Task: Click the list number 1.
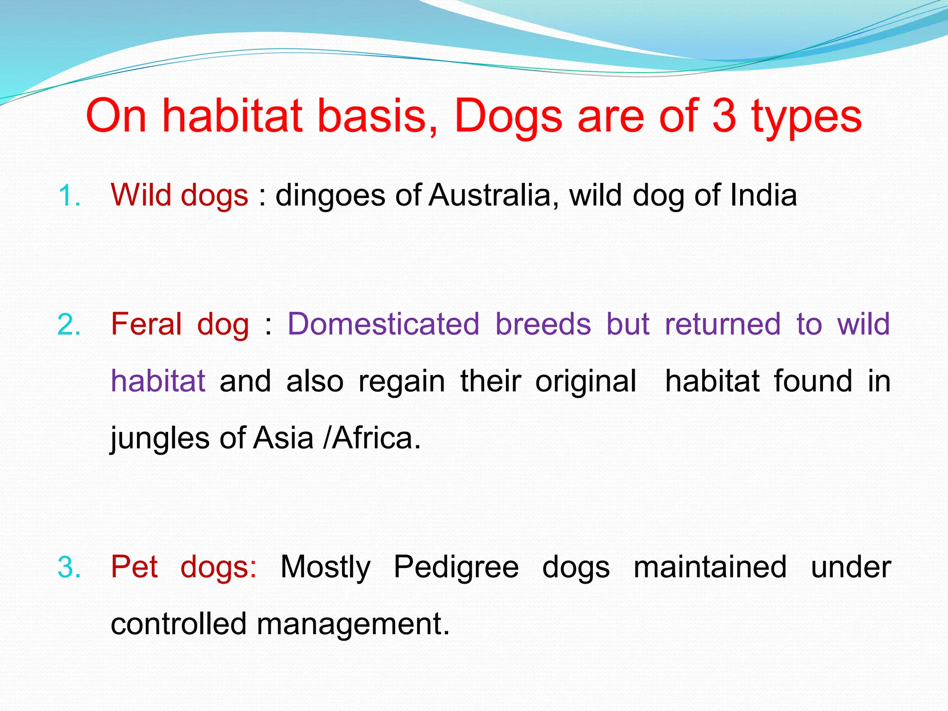tap(69, 196)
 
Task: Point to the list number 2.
tap(69, 324)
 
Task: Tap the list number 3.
tap(69, 568)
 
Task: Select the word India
tap(764, 195)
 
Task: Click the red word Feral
tap(146, 324)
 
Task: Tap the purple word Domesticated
tap(383, 324)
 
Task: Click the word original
tap(586, 381)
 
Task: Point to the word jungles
tap(160, 438)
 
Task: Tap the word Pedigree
tap(456, 568)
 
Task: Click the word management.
tap(353, 624)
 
